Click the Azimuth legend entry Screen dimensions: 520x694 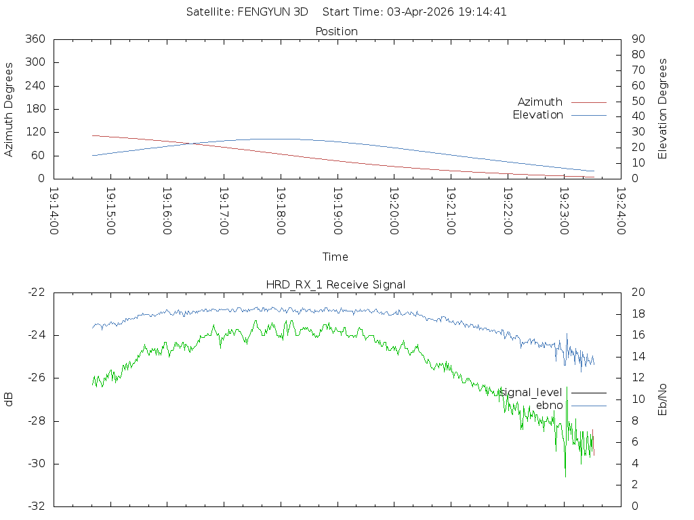pyautogui.click(x=540, y=102)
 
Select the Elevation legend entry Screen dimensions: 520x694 pyautogui.click(x=537, y=115)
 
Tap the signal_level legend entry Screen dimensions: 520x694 pyautogui.click(x=531, y=393)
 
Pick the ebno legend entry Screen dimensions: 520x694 pyautogui.click(x=549, y=406)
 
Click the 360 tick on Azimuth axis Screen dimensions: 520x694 pyautogui.click(x=35, y=39)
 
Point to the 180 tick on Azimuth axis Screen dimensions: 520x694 pyautogui.click(x=35, y=109)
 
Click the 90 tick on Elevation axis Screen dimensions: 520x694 pyautogui.click(x=637, y=39)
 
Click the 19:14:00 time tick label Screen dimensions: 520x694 pyautogui.click(x=54, y=211)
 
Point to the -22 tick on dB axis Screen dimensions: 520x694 pyautogui.click(x=36, y=292)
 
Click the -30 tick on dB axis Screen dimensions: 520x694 pyautogui.click(x=36, y=464)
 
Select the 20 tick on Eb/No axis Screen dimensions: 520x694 pyautogui.click(x=638, y=292)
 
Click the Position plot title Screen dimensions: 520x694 pyautogui.click(x=337, y=31)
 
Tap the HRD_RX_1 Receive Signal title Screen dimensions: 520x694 pyautogui.click(x=336, y=284)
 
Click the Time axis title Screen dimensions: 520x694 pyautogui.click(x=335, y=257)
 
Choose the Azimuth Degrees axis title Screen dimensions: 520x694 pyautogui.click(x=9, y=109)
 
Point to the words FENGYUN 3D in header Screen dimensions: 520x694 pyautogui.click(x=273, y=12)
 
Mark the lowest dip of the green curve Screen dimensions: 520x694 pyautogui.click(x=565, y=476)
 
